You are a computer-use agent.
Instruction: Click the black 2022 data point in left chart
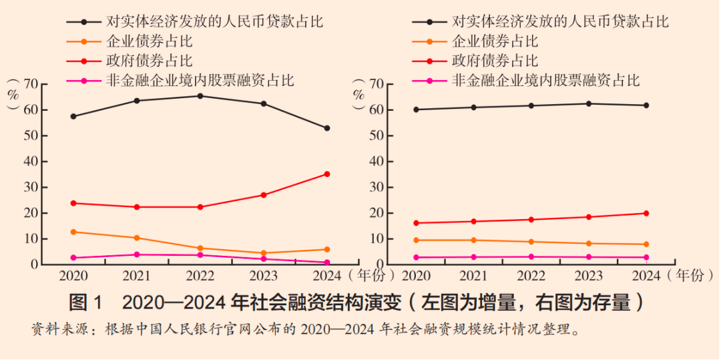coord(200,96)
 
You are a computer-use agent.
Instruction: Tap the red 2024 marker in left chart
coord(327,174)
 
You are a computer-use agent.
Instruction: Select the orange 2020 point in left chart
coord(73,232)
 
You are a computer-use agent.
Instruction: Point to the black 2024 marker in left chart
coord(327,128)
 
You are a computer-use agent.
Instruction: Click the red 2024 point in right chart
coord(646,214)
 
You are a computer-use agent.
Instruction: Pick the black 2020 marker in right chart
coord(417,110)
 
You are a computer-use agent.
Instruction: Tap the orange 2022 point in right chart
coord(531,242)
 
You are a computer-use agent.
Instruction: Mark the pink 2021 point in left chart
coord(137,254)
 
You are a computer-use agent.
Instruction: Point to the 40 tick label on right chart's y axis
coord(377,162)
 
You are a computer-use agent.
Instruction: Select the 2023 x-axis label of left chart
coord(264,275)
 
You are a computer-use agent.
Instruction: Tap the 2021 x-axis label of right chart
coord(474,275)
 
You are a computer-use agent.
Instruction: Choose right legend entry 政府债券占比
coord(495,61)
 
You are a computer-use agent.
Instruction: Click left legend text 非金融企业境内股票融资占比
coord(200,81)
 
